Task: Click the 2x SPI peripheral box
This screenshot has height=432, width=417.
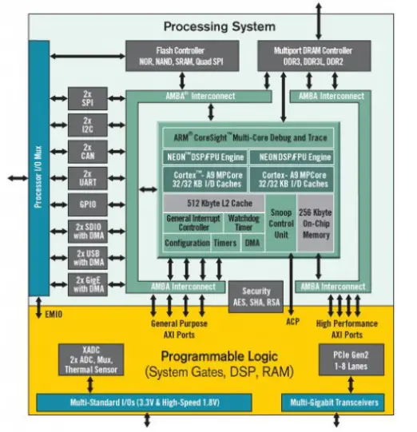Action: (x=87, y=99)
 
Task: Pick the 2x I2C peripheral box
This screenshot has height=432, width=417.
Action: (x=87, y=125)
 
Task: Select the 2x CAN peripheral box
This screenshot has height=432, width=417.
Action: (x=87, y=151)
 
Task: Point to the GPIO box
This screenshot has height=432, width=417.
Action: (x=87, y=204)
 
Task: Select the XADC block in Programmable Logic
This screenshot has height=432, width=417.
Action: (x=89, y=360)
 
